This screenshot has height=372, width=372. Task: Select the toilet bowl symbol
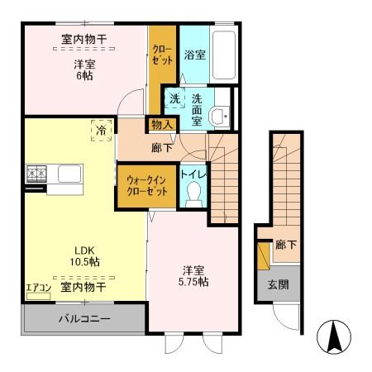[194, 193]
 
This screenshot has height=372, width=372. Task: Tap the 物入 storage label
[161, 124]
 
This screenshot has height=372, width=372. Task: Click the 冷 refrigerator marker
[101, 131]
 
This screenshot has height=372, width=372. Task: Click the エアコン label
[39, 288]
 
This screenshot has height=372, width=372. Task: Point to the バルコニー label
[83, 317]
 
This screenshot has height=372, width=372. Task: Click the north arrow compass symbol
[336, 337]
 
